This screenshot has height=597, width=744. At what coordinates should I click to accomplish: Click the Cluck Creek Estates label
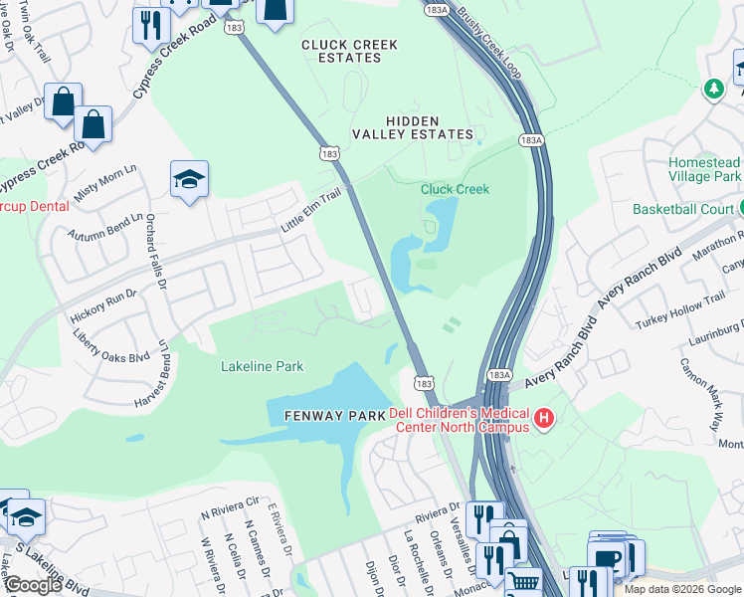point(341,51)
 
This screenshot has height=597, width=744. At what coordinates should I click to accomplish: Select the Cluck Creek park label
point(455,189)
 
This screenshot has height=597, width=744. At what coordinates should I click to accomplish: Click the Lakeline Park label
point(262,367)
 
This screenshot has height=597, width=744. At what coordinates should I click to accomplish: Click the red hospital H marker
point(544,419)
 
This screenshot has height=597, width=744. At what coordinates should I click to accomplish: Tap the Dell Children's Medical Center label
point(459,420)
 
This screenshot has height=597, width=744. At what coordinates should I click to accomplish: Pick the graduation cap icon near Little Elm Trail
point(189,180)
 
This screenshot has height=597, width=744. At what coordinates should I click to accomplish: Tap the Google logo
point(32,584)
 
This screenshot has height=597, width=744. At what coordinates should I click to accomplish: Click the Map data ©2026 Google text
point(681,589)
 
